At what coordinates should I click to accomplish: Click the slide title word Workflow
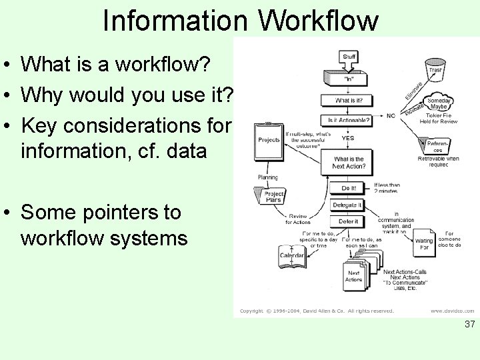pyautogui.click(x=318, y=21)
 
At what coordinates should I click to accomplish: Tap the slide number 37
pyautogui.click(x=469, y=325)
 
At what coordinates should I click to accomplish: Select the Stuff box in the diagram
pyautogui.click(x=349, y=57)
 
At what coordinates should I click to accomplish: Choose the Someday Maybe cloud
pyautogui.click(x=439, y=104)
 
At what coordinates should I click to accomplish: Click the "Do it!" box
pyautogui.click(x=348, y=189)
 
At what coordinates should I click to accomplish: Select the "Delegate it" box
pyautogui.click(x=347, y=205)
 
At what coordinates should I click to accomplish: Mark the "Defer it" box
pyautogui.click(x=347, y=221)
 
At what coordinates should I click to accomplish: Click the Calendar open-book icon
pyautogui.click(x=292, y=257)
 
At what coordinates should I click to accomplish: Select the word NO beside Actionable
pyautogui.click(x=391, y=116)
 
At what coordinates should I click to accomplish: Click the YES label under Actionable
pyautogui.click(x=348, y=138)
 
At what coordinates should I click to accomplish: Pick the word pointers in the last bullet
pyautogui.click(x=117, y=213)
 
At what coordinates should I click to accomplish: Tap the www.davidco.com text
pyautogui.click(x=452, y=311)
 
